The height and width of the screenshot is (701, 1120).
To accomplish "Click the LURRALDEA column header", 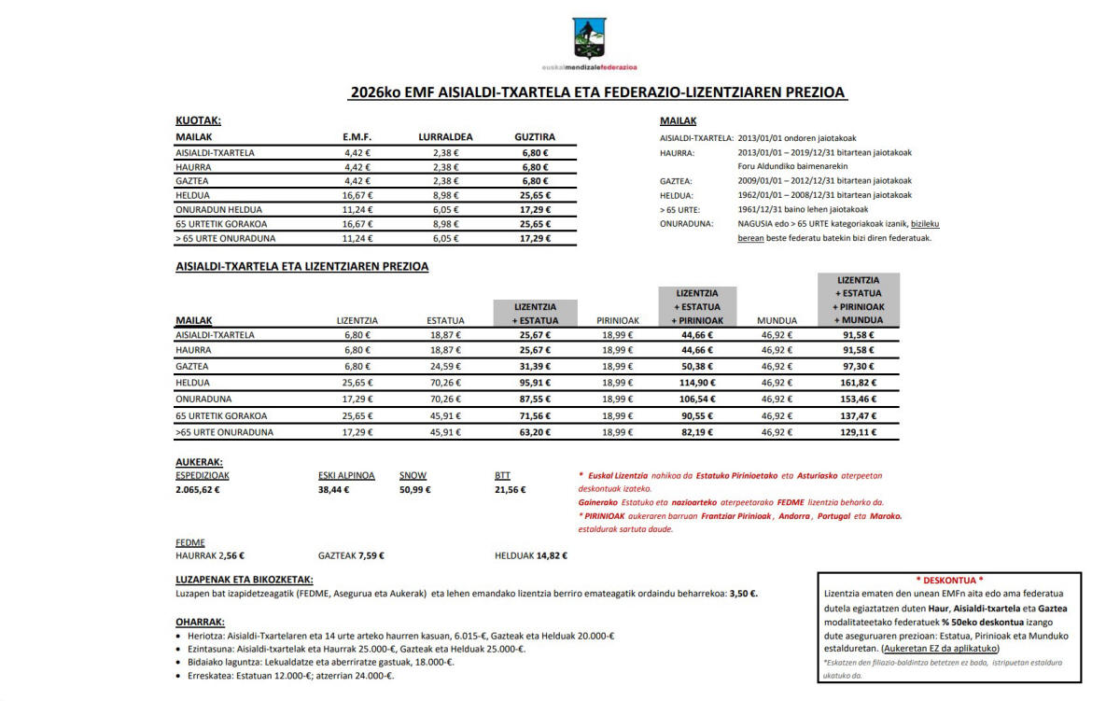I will click(445, 137).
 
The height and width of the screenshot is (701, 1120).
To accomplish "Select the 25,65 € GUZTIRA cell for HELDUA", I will click(535, 196).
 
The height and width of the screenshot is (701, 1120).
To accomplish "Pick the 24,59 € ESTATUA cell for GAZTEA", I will click(446, 366).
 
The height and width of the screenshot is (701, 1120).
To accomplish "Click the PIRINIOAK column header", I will click(618, 320).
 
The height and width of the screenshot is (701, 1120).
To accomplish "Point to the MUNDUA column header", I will click(777, 320).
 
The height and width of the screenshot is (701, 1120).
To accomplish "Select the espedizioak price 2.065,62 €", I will click(198, 489).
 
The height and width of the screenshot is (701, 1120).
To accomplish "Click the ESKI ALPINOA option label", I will click(346, 475).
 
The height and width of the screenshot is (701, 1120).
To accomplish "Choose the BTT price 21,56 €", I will click(510, 489).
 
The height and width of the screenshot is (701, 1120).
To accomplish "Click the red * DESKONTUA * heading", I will click(949, 580).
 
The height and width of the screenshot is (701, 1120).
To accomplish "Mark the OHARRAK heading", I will click(199, 622).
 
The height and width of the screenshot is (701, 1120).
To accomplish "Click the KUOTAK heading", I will click(198, 120).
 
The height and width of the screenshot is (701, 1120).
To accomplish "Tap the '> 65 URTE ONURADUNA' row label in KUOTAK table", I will click(226, 239).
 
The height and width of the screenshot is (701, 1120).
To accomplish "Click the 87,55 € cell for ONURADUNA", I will click(535, 400).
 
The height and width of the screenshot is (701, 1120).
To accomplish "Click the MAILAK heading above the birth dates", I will click(678, 121).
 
